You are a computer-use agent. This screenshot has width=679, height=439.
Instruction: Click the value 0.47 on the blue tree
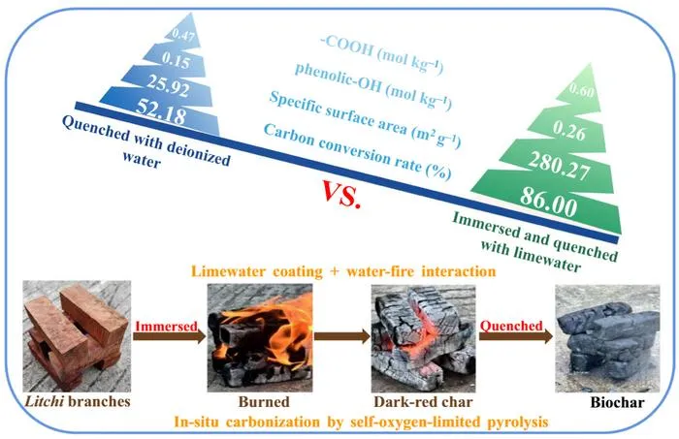coord(182,35)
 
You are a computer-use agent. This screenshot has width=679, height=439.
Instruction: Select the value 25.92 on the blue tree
coord(168,85)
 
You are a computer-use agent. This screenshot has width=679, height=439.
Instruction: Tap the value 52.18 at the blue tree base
coord(161,111)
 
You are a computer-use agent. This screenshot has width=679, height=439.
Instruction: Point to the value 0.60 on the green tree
coord(581,90)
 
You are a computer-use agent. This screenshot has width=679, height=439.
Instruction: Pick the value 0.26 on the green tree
coord(569,130)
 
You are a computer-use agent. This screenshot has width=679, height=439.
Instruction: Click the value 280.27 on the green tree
coord(559,166)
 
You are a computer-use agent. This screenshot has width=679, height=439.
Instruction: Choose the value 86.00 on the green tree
coord(549,202)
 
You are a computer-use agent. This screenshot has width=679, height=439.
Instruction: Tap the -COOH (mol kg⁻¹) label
coord(381,54)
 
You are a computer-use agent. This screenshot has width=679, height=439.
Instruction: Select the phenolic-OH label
coord(338,78)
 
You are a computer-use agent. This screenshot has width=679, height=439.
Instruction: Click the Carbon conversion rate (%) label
coord(357,151)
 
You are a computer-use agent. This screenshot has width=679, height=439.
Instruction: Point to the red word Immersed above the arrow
coord(166,326)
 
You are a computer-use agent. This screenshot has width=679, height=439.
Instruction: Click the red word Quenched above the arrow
coord(511,326)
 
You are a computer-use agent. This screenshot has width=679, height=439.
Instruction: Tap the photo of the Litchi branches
coord(77,336)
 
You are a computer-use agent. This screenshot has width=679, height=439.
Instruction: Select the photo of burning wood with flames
coord(260,338)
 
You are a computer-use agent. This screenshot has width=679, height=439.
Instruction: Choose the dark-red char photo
coord(423,338)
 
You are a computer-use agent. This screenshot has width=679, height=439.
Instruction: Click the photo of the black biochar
coord(607,338)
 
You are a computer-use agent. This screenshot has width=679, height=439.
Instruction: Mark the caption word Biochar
coord(617,403)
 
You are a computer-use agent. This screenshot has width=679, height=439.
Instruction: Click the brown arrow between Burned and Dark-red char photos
coord(342,336)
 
